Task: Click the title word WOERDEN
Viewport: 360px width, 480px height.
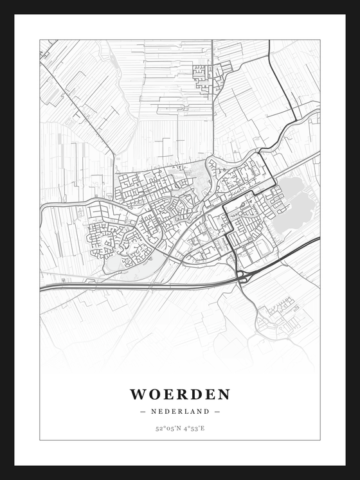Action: click(x=180, y=393)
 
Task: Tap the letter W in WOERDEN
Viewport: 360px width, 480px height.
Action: click(x=138, y=393)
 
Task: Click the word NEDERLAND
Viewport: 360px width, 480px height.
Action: click(x=180, y=411)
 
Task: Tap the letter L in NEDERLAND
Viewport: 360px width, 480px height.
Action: click(x=192, y=411)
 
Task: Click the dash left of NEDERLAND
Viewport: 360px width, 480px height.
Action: click(x=143, y=411)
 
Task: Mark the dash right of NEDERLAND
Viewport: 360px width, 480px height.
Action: click(x=217, y=411)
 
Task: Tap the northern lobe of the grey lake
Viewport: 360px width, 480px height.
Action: click(x=291, y=188)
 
